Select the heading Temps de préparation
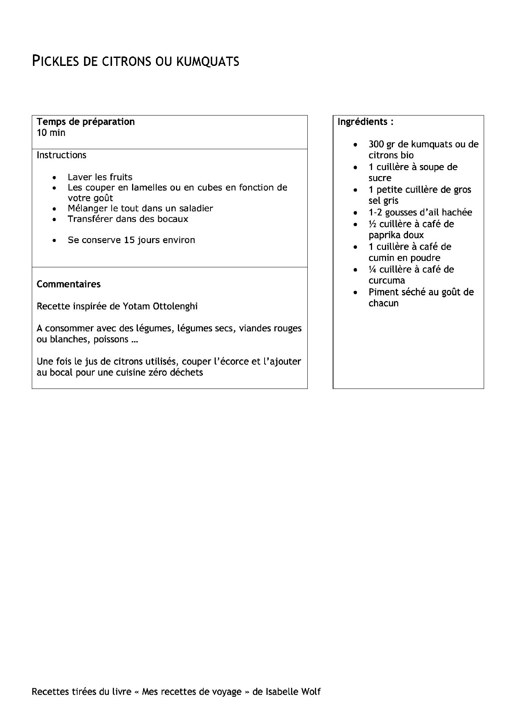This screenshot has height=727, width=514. coord(86,122)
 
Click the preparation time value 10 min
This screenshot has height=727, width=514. coord(51,133)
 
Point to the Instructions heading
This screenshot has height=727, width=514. coord(61,155)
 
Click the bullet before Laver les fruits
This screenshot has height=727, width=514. coord(55,178)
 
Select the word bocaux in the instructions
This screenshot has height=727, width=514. coord(174,219)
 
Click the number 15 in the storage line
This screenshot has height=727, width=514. coord(129,240)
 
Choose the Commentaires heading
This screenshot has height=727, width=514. coord(69,284)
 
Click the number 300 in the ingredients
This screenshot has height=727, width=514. coord(376,145)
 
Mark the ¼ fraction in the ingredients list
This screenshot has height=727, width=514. coord(372,270)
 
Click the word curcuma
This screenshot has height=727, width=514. coord(386,281)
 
